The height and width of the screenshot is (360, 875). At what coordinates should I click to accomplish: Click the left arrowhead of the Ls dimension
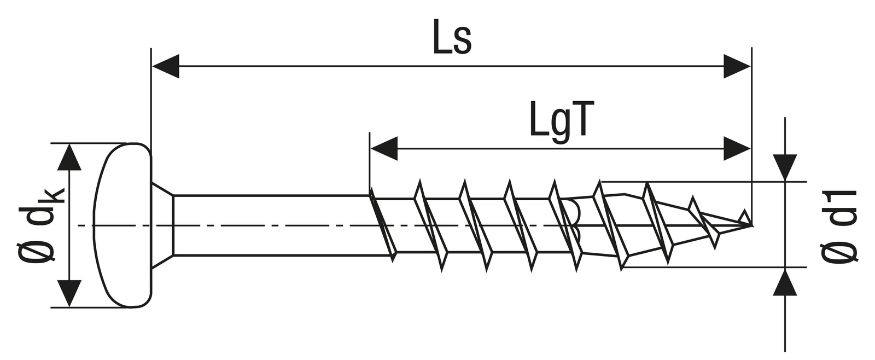(166, 66)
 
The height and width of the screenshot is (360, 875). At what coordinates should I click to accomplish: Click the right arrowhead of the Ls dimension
(737, 66)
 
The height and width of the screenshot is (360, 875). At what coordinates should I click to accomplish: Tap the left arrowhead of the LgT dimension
(383, 149)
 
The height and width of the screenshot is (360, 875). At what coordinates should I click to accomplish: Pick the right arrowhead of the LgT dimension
(737, 149)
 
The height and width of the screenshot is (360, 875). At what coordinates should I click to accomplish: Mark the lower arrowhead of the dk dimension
(69, 293)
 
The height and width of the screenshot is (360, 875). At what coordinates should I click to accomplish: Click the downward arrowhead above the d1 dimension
(785, 167)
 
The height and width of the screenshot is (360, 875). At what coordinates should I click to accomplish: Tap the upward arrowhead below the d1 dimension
(785, 282)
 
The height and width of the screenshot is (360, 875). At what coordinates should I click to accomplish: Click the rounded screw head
(124, 225)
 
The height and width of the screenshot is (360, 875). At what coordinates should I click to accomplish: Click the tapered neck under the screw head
(162, 225)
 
